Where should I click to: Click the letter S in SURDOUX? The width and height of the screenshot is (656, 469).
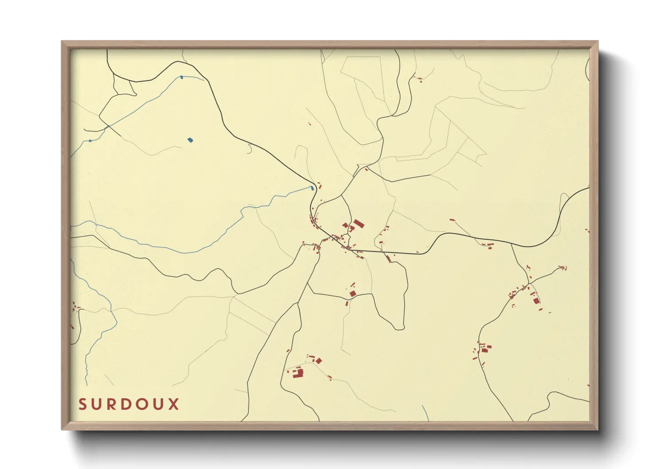[82, 404]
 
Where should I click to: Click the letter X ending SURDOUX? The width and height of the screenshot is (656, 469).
[174, 404]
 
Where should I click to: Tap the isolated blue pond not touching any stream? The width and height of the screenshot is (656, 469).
[190, 140]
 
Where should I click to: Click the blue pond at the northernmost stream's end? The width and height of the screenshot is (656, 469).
[182, 78]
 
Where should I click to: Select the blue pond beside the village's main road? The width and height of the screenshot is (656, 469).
[312, 188]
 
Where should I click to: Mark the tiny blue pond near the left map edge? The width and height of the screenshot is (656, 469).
[90, 141]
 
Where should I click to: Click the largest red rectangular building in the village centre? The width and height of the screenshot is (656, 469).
[358, 223]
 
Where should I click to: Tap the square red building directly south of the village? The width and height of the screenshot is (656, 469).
[353, 293]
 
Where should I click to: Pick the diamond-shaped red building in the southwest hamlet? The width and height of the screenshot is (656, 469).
[318, 361]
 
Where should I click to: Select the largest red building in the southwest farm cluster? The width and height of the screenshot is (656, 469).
[298, 373]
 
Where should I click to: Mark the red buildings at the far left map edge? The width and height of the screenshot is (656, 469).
[74, 307]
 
